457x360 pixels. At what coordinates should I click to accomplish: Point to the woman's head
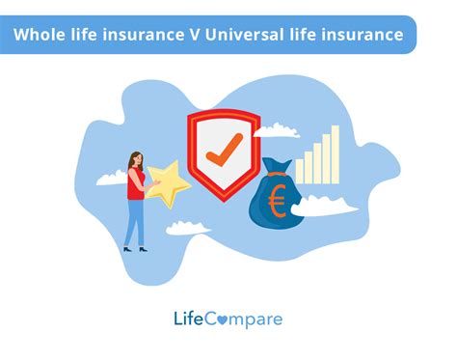pos(136,158)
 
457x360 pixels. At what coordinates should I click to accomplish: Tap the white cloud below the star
pos(189,229)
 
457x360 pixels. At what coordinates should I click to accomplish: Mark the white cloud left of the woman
pos(108,177)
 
